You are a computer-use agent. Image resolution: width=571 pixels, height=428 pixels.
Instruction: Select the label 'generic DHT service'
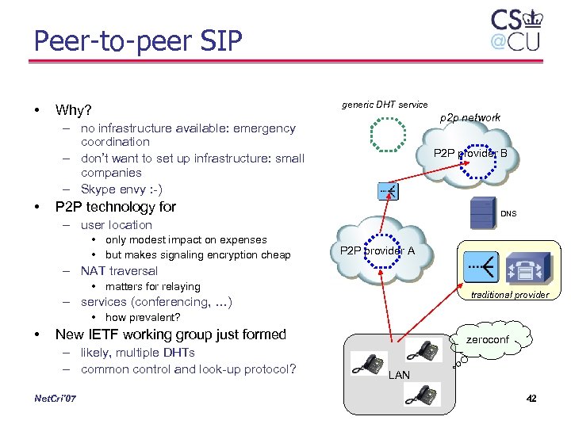[x=385, y=105]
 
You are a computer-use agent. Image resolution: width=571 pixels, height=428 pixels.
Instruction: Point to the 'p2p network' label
[x=470, y=117]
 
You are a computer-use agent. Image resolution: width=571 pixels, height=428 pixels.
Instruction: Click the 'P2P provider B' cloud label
[x=470, y=153]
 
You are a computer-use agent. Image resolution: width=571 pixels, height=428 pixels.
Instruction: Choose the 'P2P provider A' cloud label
[x=377, y=250]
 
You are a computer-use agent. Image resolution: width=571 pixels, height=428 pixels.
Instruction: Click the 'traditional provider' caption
[x=509, y=295]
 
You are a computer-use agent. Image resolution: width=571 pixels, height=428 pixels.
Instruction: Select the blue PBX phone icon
[x=524, y=268]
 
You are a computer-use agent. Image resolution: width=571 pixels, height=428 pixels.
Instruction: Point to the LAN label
[x=399, y=375]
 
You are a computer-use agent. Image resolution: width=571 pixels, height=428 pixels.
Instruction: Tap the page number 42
[x=531, y=398]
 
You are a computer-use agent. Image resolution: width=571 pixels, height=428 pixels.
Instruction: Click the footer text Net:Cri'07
[x=56, y=398]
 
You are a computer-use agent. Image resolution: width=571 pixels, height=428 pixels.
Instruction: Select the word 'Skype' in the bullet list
[x=98, y=189]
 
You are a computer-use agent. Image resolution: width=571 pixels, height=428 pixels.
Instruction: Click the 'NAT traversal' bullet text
[x=119, y=271]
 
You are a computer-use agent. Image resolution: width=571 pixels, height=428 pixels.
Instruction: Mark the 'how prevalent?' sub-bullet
[x=143, y=318]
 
